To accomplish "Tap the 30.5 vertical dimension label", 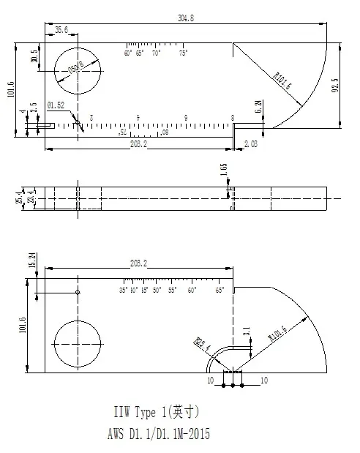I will [x=34, y=57].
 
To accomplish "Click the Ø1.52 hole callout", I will [x=56, y=105].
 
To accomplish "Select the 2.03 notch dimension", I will [x=251, y=143].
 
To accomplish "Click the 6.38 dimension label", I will [x=258, y=106].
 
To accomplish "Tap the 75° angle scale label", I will [x=183, y=53].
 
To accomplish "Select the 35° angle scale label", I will [x=124, y=291].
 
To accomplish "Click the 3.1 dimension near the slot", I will [x=247, y=332].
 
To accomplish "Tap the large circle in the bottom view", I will [x=77, y=343].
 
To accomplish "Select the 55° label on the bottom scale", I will [x=173, y=291].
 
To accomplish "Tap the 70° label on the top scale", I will [x=156, y=53].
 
